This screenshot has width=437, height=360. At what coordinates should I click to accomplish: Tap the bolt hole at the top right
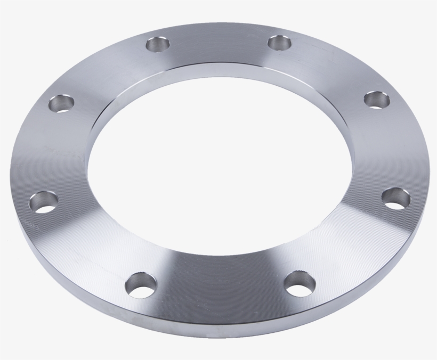[x=281, y=42]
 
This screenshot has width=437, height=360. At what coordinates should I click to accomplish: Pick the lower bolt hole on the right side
[x=395, y=198]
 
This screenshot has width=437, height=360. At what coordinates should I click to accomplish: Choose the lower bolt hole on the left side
[x=44, y=201]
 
